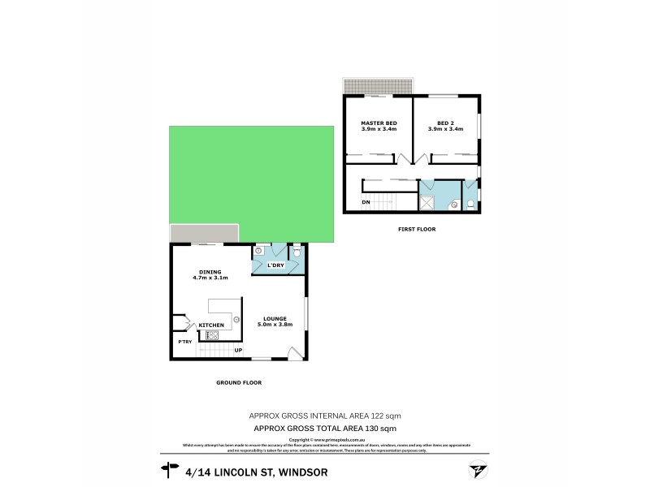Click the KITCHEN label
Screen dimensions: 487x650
[211, 325]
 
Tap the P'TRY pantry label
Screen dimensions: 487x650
[185, 342]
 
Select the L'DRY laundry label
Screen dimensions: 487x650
[275, 265]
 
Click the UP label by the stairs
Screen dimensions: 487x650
[238, 351]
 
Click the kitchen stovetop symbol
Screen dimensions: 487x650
[214, 334]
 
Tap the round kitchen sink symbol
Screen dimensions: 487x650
[236, 320]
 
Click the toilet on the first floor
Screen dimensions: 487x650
[470, 204]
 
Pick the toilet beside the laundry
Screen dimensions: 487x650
[297, 254]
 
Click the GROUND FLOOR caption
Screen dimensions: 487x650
[238, 382]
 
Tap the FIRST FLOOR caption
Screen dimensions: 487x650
[417, 230]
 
